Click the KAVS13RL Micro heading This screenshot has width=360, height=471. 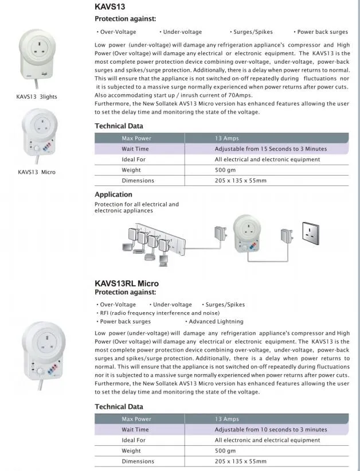127,283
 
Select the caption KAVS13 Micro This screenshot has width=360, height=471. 37,172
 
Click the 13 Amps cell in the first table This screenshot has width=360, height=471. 226,138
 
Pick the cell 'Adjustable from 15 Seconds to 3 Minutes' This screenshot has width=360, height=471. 271,149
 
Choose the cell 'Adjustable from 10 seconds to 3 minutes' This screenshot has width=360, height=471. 271,429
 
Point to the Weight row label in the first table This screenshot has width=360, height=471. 131,170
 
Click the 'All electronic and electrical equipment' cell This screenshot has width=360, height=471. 267,440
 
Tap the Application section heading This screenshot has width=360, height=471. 114,194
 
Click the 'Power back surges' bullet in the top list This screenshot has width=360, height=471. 322,32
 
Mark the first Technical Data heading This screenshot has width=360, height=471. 119,126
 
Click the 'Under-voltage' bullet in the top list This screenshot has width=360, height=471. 181,32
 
